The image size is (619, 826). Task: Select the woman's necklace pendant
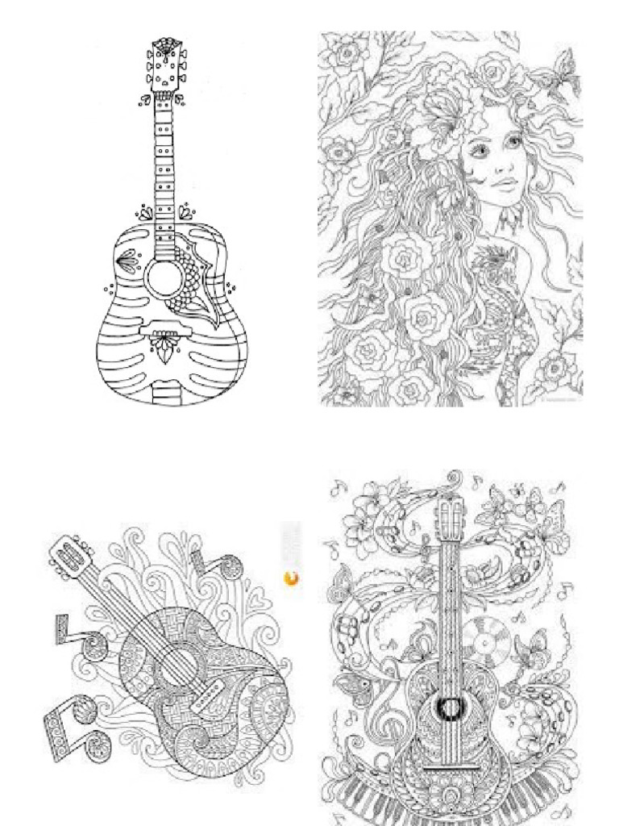pos(506,218)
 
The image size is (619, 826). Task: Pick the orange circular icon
pos(291,578)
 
